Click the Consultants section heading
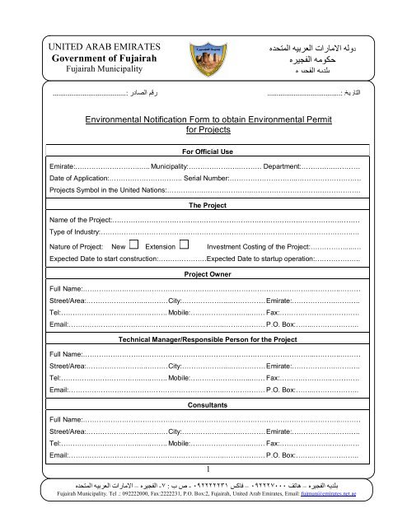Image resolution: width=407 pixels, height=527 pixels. coord(203,406)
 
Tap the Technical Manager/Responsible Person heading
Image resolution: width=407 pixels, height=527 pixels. coord(203,338)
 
